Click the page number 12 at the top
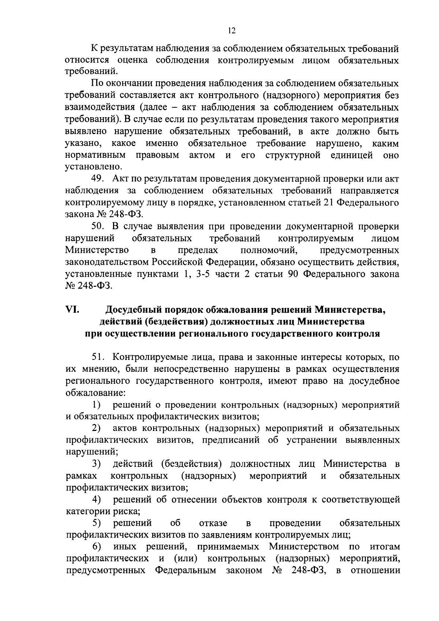(231, 31)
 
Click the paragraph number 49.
(99, 179)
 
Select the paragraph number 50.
(99, 226)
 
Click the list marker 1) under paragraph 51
(96, 405)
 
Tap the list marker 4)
(96, 500)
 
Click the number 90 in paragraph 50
(292, 274)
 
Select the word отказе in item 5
(213, 523)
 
